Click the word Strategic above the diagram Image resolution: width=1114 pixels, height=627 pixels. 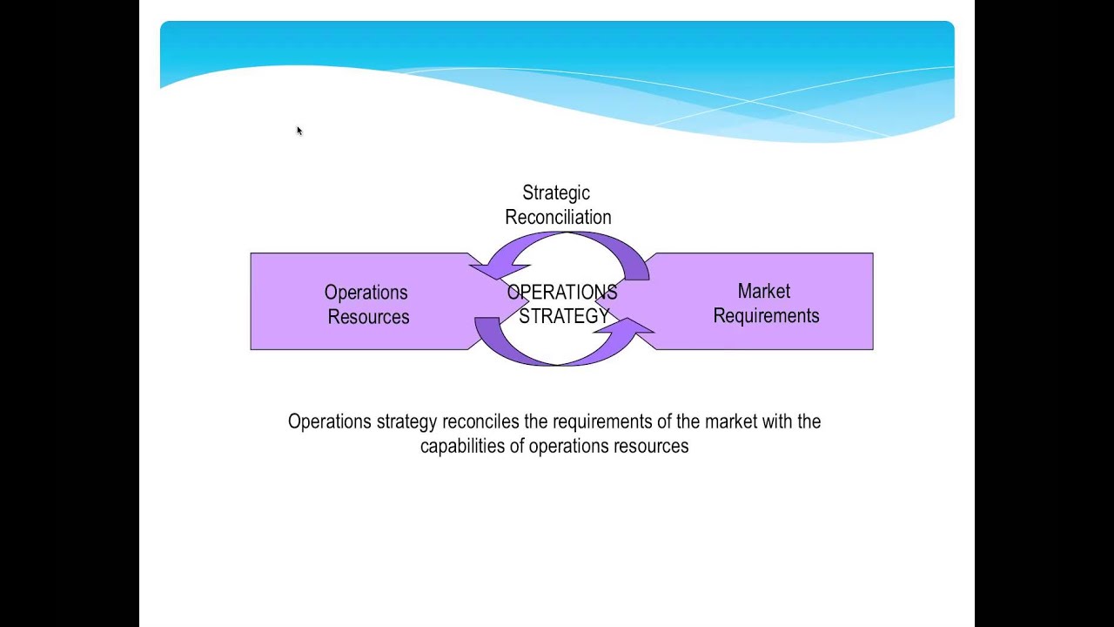(555, 193)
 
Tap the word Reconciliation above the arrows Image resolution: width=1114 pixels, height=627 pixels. (558, 217)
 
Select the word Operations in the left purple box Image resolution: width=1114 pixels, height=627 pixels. (366, 293)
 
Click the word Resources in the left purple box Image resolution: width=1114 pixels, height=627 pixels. (368, 317)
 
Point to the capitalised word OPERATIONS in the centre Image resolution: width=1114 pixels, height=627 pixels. (561, 293)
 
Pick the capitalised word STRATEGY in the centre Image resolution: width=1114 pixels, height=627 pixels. (564, 316)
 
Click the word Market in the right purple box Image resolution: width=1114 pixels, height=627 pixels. (763, 292)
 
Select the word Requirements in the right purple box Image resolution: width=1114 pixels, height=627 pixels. (766, 316)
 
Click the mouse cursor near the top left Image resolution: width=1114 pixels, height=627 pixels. (299, 131)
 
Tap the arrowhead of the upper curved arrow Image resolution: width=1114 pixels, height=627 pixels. (489, 270)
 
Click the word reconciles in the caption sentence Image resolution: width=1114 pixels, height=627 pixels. (480, 421)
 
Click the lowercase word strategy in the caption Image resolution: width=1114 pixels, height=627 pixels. (406, 422)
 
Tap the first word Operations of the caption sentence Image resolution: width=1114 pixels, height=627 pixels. (329, 421)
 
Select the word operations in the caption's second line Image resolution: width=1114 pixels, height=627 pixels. (567, 447)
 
